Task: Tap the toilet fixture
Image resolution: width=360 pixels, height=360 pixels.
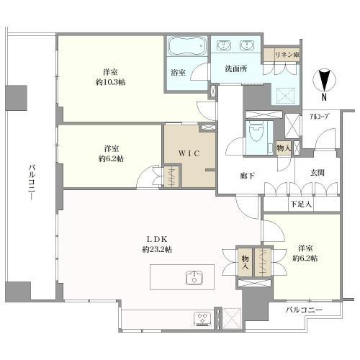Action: click(x=256, y=135)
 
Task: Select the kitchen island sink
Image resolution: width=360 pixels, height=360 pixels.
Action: click(x=194, y=277)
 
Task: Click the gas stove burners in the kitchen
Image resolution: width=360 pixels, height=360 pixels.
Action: click(x=203, y=319)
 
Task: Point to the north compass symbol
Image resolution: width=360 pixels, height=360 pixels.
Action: click(x=324, y=80)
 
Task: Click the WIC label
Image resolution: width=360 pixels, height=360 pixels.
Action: click(x=189, y=153)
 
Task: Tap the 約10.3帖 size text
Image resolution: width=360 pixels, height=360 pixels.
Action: click(x=110, y=82)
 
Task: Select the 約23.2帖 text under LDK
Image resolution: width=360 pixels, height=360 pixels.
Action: click(x=157, y=250)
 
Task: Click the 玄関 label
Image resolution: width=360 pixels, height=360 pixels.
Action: click(x=318, y=172)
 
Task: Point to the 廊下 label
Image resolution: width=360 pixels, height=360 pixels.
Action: click(x=247, y=176)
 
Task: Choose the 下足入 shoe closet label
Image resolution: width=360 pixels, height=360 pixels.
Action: click(x=301, y=204)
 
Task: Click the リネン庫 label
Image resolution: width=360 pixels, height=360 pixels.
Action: click(x=287, y=55)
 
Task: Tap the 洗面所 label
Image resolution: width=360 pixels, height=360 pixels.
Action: click(x=235, y=69)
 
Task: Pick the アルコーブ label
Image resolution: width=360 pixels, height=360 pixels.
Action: click(x=319, y=117)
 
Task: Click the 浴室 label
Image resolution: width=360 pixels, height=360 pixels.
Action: click(x=178, y=72)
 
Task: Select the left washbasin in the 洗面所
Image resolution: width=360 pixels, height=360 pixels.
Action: click(x=224, y=45)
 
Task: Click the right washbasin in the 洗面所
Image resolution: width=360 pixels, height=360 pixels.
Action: click(x=246, y=45)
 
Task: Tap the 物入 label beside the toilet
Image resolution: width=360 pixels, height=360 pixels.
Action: click(x=284, y=148)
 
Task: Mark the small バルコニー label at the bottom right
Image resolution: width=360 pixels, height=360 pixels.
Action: click(x=304, y=310)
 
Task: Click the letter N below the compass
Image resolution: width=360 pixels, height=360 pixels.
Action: click(x=324, y=97)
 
